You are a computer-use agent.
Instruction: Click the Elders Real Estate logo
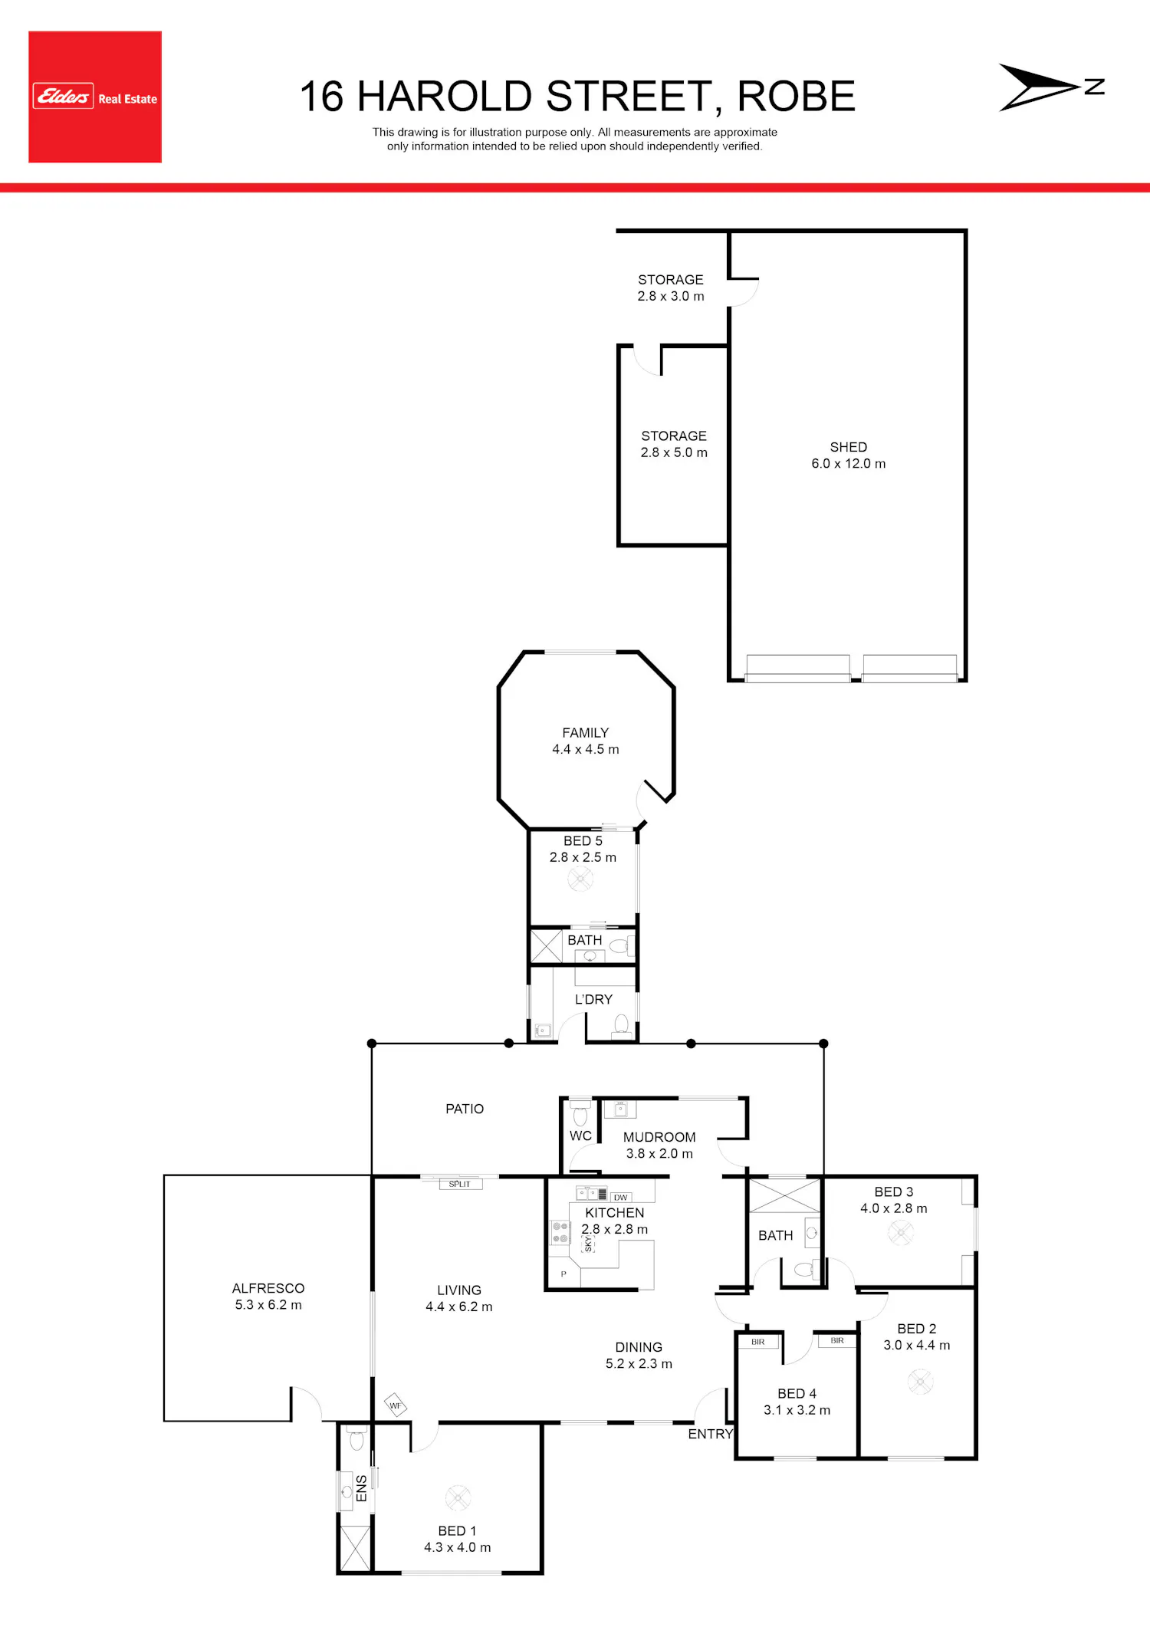pos(95,97)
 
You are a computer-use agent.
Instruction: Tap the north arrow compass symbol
pos(1051,87)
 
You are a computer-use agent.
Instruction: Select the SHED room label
pos(849,447)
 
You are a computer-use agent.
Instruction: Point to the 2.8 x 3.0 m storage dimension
pos(671,296)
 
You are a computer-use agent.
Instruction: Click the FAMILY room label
pos(586,733)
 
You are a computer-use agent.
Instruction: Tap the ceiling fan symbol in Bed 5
pos(580,879)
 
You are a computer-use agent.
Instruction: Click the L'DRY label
pos(593,1000)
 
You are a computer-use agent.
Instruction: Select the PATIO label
pos(465,1109)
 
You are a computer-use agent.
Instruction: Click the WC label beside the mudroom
pos(580,1136)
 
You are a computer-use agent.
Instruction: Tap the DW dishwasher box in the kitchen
pos(620,1197)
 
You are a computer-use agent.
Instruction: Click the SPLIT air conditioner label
pos(460,1184)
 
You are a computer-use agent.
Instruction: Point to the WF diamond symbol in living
pos(395,1405)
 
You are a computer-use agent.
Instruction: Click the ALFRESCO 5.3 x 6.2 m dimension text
pos(268,1305)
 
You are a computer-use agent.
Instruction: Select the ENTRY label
pos(710,1434)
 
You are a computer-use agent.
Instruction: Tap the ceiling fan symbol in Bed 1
pos(458,1497)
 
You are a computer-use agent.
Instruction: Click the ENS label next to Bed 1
pos(362,1488)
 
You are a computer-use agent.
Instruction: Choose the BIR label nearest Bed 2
pos(837,1341)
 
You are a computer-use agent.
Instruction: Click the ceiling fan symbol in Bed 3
pos(901,1233)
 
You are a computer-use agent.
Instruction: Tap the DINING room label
pos(639,1347)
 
